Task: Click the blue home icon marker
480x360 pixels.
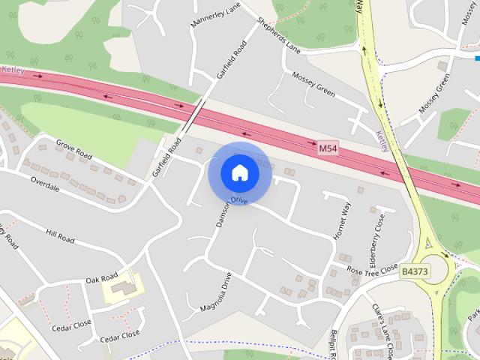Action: pos(239,173)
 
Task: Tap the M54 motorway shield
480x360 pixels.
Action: pos(328,148)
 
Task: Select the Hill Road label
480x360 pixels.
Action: pos(60,237)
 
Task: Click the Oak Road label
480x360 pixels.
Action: pos(102,278)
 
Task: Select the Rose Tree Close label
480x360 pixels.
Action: pos(372,269)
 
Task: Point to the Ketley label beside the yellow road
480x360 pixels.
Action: pos(382,139)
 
